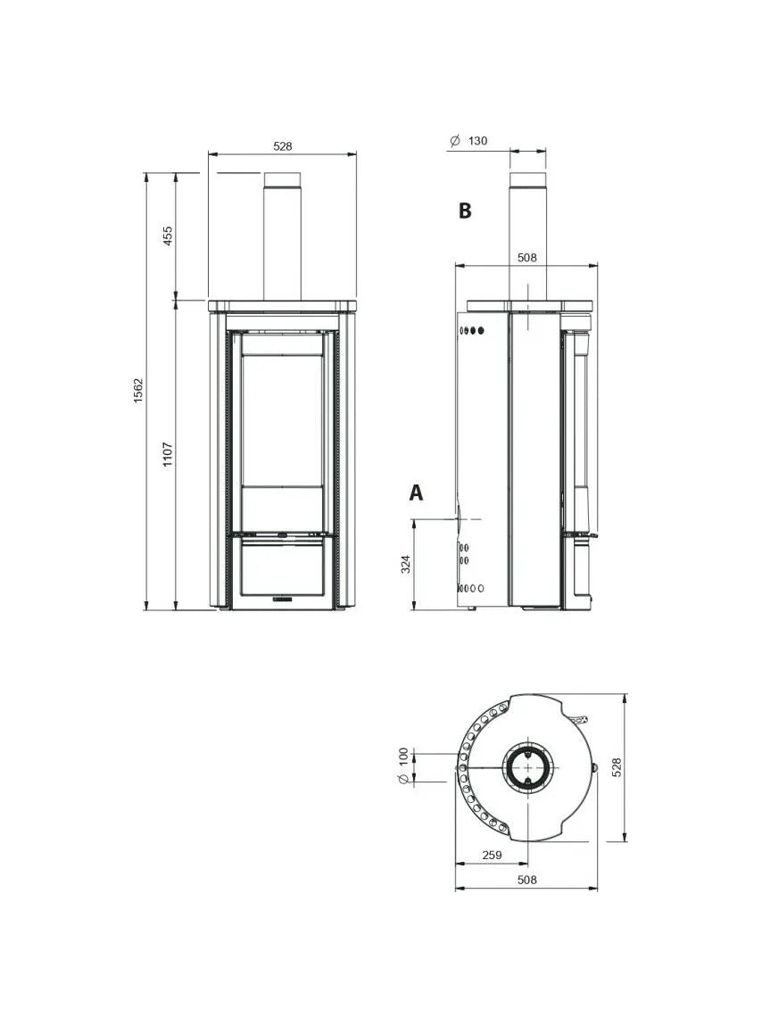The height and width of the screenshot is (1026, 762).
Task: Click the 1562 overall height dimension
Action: click(138, 391)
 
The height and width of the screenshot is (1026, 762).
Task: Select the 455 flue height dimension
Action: click(168, 236)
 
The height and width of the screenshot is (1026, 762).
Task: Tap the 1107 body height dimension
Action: click(168, 455)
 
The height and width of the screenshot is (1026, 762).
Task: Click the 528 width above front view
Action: click(283, 146)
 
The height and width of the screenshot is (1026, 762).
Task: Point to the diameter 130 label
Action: click(469, 141)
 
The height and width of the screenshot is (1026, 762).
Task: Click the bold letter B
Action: click(464, 211)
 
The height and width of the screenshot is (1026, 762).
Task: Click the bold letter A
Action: click(416, 492)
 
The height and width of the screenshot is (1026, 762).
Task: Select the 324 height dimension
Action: click(406, 565)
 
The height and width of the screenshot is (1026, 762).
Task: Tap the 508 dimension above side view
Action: click(527, 257)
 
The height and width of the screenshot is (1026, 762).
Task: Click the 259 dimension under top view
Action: click(492, 855)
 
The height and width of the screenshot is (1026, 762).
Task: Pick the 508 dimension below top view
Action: click(527, 880)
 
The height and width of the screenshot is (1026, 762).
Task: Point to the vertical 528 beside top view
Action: click(616, 767)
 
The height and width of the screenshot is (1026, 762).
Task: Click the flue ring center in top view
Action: click(527, 767)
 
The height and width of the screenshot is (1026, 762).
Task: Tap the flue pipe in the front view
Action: click(283, 241)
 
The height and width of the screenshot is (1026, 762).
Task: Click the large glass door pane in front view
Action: click(283, 419)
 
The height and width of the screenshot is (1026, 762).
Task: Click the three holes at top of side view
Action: click(472, 330)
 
